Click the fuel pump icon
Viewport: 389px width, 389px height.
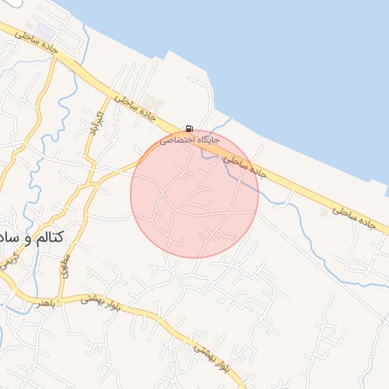coord(188,129)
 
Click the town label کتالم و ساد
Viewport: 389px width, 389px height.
coord(31,238)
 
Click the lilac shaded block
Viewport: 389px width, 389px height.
coord(46,32)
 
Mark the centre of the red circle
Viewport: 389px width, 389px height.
coord(194,194)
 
